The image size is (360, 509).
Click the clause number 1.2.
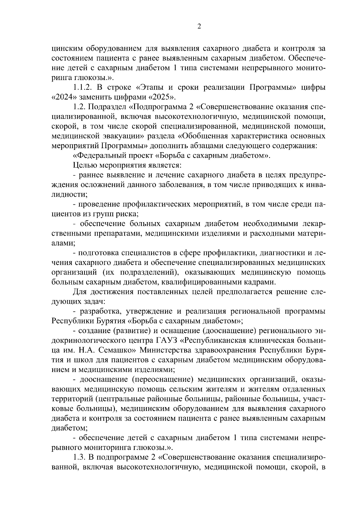pos(79,107)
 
